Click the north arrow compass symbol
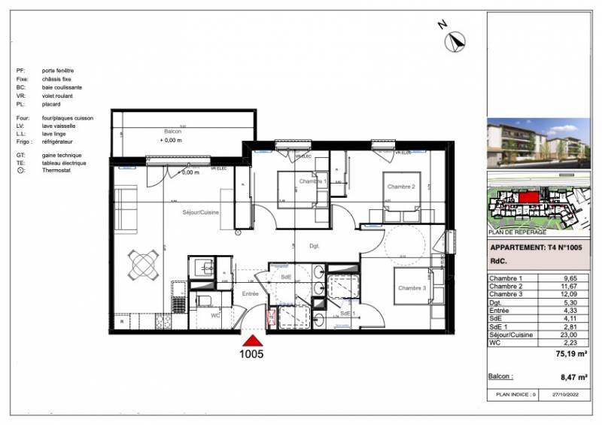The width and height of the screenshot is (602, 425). [454, 41]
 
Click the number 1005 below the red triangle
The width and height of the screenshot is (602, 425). [251, 354]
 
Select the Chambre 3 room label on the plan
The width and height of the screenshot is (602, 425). [412, 288]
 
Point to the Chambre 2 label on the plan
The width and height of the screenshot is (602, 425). [401, 187]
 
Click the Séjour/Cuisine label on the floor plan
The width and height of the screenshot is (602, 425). [201, 213]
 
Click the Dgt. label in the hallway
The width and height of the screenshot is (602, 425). [315, 246]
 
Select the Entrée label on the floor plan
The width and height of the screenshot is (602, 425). [250, 294]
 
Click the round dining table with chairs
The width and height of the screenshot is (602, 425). [144, 264]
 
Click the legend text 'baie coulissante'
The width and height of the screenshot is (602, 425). [62, 87]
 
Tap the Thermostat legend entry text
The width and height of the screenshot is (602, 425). [56, 171]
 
